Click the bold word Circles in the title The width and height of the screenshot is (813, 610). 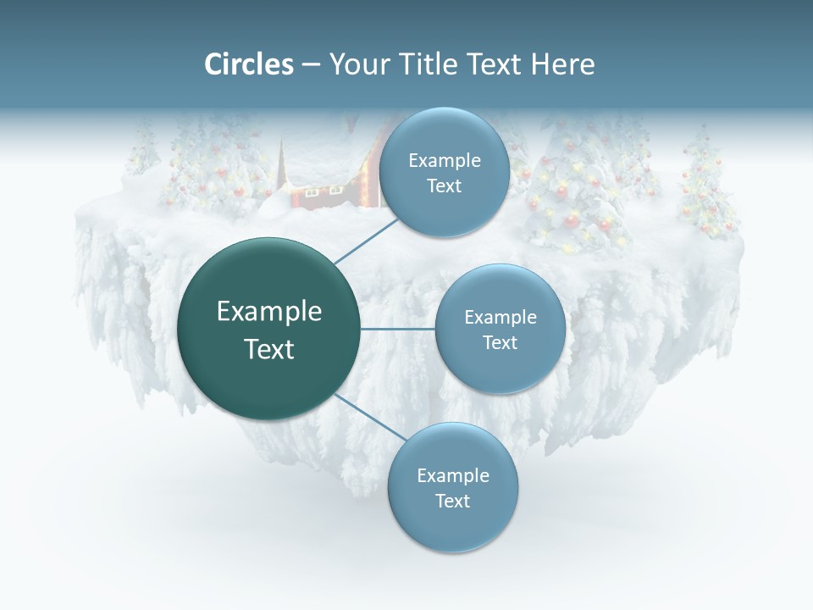pos(248,64)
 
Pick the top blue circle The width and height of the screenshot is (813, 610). pos(444,140)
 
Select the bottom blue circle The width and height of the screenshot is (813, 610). pos(452,530)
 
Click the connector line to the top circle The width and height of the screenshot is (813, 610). pos(366,241)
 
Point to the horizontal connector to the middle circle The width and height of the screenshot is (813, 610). pos(397,329)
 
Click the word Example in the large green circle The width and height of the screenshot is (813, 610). pos(269,312)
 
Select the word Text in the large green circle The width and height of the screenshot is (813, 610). pos(269,349)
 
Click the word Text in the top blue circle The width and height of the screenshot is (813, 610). pos(444,186)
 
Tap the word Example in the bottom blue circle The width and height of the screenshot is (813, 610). pos(452,476)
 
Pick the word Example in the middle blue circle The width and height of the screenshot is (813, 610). pos(500,318)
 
